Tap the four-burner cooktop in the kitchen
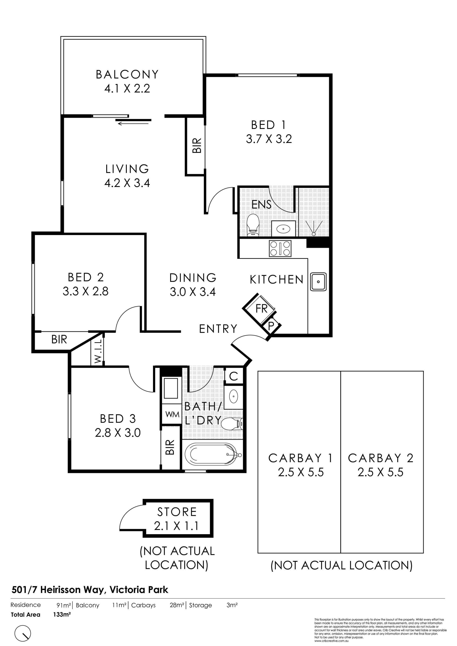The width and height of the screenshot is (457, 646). (x=280, y=249)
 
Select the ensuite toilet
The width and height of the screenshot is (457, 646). (x=253, y=225)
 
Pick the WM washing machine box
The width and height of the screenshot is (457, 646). (x=172, y=414)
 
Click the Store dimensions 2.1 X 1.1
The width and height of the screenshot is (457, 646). (x=176, y=526)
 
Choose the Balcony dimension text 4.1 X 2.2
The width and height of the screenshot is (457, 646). (x=127, y=89)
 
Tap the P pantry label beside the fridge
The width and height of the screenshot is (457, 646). (x=271, y=326)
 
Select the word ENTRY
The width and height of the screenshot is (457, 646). (x=218, y=329)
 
